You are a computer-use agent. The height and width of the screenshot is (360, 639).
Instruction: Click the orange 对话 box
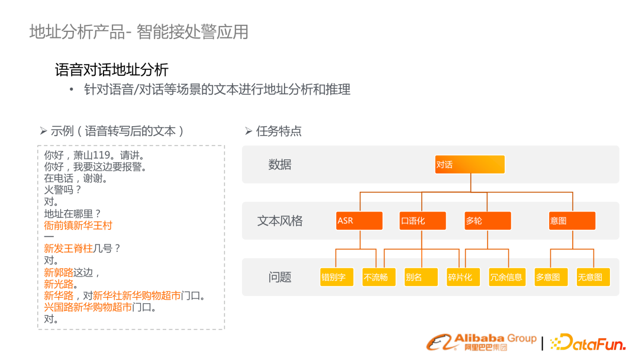click(470, 164)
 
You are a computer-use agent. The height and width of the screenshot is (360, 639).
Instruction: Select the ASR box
click(360, 221)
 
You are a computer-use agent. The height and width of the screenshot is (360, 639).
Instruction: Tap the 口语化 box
click(422, 221)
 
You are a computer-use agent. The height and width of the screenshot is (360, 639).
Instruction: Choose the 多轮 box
click(488, 221)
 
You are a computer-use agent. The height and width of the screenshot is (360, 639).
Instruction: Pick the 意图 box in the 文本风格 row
click(572, 221)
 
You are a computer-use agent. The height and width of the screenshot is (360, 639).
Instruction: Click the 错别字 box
click(337, 277)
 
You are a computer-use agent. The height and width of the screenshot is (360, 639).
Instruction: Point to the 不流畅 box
click(379, 277)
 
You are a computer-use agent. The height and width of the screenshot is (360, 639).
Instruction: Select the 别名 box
click(421, 277)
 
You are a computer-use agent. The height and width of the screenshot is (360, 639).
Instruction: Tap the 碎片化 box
click(463, 277)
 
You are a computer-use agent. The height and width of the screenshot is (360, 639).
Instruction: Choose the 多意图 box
click(551, 277)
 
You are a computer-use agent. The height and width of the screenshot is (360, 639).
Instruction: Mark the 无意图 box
click(593, 277)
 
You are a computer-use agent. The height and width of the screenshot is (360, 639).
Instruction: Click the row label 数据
click(280, 165)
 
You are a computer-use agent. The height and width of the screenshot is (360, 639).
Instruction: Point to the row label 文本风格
click(280, 221)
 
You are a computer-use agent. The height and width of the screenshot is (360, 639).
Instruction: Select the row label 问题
click(280, 277)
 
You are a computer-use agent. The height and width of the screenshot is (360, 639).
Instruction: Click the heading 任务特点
click(279, 131)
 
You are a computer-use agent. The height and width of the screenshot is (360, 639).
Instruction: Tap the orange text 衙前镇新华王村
click(78, 226)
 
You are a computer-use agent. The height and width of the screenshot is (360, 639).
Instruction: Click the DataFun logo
click(588, 342)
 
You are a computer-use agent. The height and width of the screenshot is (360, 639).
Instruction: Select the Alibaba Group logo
click(481, 342)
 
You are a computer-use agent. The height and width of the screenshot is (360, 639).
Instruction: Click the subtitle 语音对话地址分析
click(112, 70)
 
